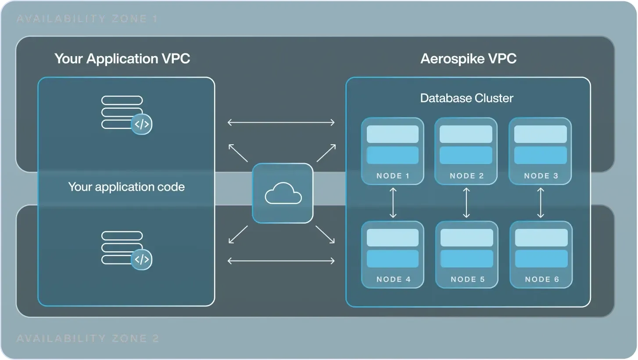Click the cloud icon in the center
coord(283,193)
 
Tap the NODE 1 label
coord(393,176)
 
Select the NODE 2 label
coord(466,176)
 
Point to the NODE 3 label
coord(541,176)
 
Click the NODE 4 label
coord(393,279)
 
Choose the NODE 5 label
coord(467,279)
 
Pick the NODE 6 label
coord(542,279)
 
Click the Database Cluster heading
coord(466,98)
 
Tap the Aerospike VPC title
coord(468,59)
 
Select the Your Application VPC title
coord(122,59)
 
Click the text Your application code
coord(126,187)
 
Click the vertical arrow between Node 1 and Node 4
coord(393,203)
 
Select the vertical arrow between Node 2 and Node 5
coord(466,203)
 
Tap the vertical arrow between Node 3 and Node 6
coord(541,203)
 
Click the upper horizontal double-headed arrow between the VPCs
coord(281,122)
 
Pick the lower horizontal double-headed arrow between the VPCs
coord(281,261)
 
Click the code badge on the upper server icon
coord(141,124)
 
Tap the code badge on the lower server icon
coord(141,259)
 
